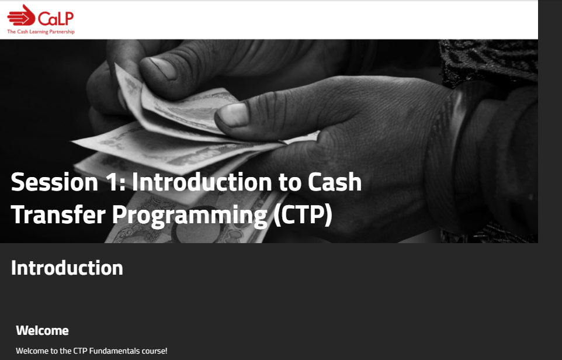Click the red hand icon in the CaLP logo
(22, 15)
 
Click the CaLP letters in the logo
(56, 18)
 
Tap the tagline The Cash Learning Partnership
(41, 32)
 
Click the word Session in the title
(54, 182)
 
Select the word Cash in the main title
(334, 182)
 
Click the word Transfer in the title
(58, 214)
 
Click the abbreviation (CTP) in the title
(303, 215)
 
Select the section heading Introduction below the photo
(67, 268)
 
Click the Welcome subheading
(42, 330)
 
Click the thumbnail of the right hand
(234, 115)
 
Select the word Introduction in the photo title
(202, 182)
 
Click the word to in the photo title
(290, 183)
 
